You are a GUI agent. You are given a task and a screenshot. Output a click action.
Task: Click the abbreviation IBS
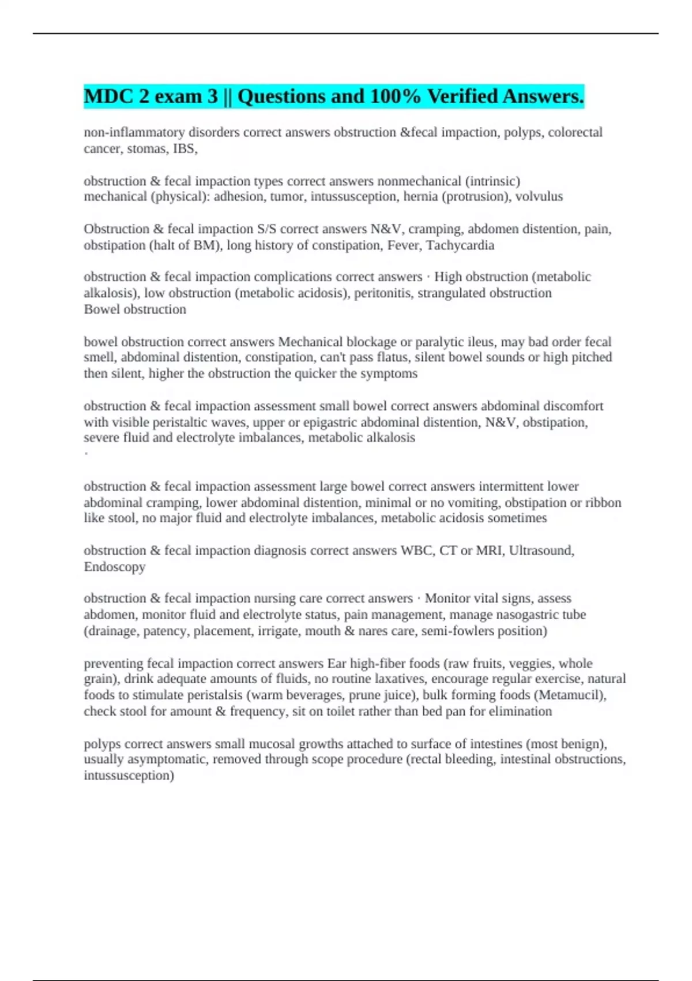185,149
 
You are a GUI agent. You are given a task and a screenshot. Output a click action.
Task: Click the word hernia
421,197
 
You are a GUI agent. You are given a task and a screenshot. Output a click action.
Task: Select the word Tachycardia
460,245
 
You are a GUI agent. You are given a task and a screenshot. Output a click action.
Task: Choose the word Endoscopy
114,567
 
